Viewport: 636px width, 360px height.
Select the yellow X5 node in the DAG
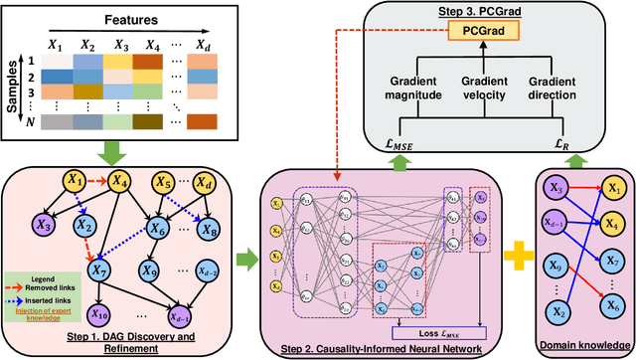(x=165, y=183)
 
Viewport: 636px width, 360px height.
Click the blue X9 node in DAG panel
(x=151, y=268)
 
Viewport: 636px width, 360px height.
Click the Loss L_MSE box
(x=428, y=322)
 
